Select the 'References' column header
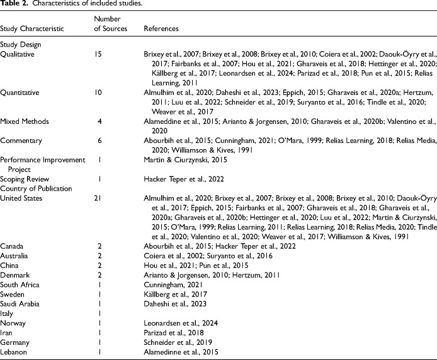coord(161,29)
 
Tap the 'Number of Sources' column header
coord(110,23)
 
